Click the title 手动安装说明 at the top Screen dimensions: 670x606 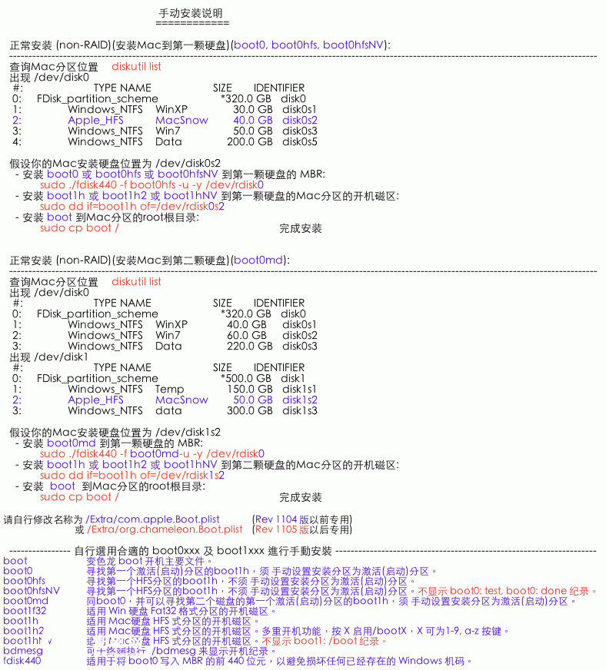pyautogui.click(x=191, y=14)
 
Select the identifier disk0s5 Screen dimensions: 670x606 pyautogui.click(x=299, y=141)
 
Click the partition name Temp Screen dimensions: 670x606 pyautogui.click(x=170, y=389)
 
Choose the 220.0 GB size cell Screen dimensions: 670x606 pyautogui.click(x=249, y=346)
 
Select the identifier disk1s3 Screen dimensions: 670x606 pyautogui.click(x=299, y=410)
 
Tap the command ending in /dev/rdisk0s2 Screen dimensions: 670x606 pyautogui.click(x=132, y=206)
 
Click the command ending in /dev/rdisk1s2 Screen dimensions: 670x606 pyautogui.click(x=132, y=475)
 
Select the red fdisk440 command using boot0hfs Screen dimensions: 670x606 pyautogui.click(x=151, y=184)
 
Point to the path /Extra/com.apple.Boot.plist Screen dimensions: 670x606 pyautogui.click(x=153, y=519)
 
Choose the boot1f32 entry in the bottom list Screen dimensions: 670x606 pyautogui.click(x=25, y=611)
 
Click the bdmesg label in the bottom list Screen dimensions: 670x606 pyautogui.click(x=23, y=650)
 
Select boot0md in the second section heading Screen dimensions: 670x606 pyautogui.click(x=259, y=260)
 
